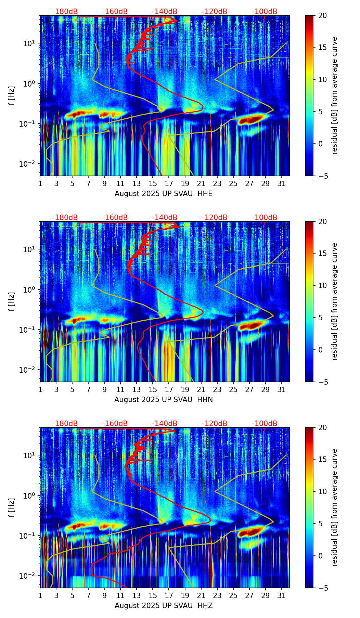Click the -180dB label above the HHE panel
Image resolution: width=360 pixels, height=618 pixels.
point(65,12)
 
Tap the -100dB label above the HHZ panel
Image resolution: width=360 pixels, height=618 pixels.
point(265,424)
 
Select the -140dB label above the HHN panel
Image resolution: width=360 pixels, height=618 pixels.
point(165,218)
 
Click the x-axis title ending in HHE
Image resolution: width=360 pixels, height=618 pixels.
point(164,194)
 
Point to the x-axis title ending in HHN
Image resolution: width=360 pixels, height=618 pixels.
point(164,400)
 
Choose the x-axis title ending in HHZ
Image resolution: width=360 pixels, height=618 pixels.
point(164,606)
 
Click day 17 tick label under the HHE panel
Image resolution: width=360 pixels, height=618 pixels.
point(169,184)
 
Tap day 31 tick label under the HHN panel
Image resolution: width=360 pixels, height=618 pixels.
point(282,390)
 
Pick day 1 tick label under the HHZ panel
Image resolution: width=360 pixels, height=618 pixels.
point(40,596)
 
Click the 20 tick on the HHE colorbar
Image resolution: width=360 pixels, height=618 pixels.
point(323,15)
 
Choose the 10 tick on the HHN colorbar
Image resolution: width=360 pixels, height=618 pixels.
point(323,285)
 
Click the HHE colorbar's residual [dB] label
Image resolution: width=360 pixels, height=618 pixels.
point(335,95)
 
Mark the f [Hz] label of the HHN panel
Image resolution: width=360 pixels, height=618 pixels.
point(12,301)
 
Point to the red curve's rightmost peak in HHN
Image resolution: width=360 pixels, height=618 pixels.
point(203,312)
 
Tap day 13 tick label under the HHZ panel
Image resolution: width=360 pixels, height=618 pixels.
point(137,596)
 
